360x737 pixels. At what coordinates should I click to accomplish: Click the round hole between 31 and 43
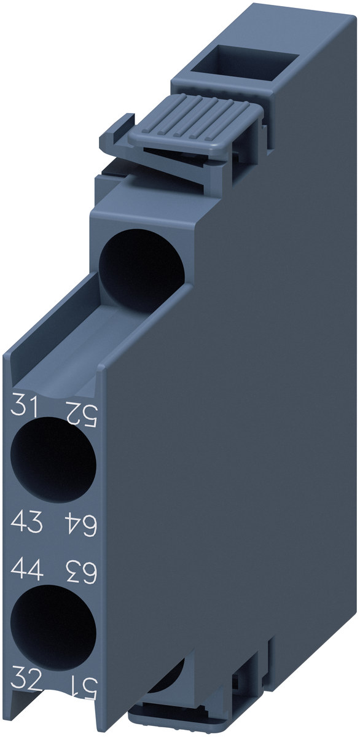click(x=53, y=459)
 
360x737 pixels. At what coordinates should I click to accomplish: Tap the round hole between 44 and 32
click(x=53, y=628)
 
